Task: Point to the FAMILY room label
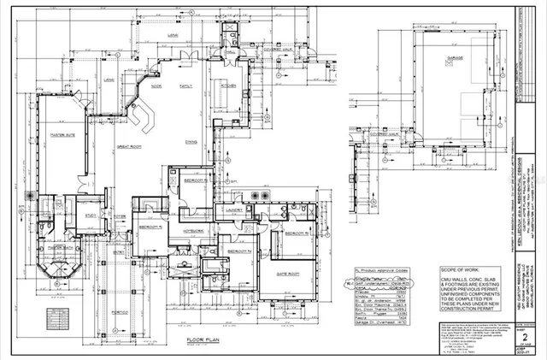point(185,86)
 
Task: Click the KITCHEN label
point(228,86)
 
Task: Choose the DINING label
point(192,142)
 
